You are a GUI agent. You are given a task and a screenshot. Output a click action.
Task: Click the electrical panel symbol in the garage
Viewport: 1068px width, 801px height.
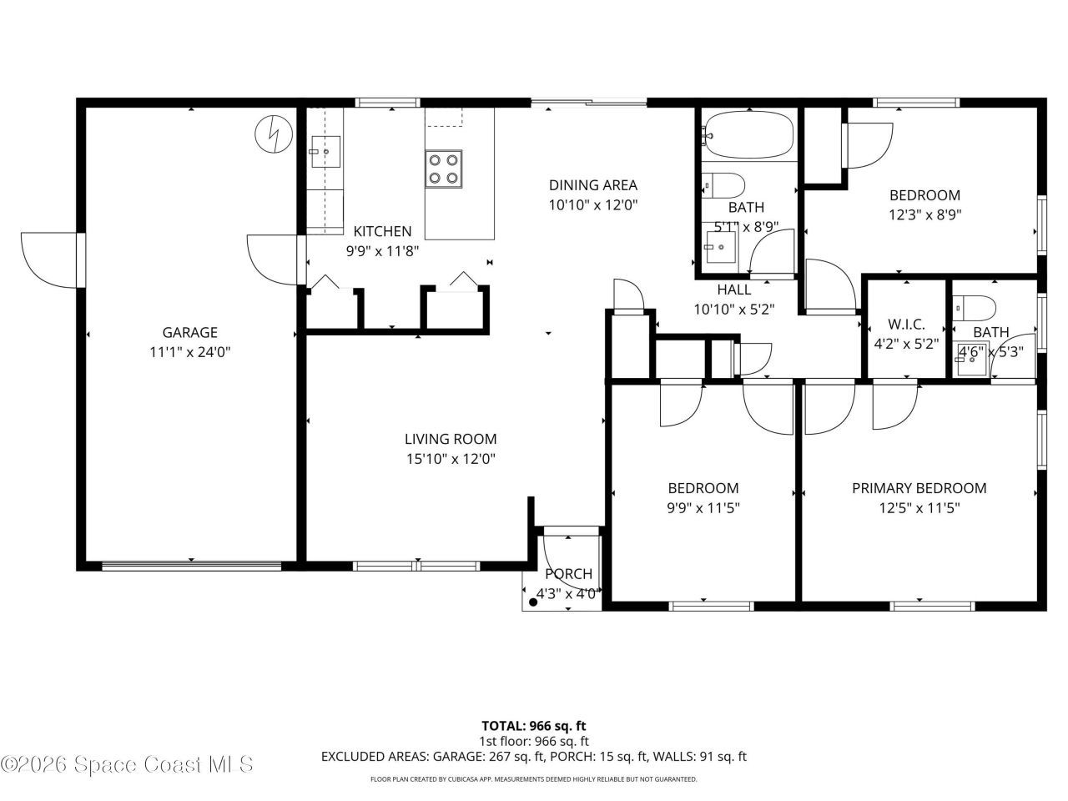(x=274, y=133)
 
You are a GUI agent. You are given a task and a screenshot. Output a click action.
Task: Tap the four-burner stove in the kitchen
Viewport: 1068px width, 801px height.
(x=443, y=169)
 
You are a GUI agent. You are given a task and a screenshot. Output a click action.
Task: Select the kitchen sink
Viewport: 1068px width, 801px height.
(x=325, y=152)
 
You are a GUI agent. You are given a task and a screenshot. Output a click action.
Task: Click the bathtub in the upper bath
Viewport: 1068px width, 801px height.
(x=750, y=134)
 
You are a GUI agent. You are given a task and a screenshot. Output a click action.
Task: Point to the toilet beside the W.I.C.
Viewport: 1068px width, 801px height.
(x=974, y=308)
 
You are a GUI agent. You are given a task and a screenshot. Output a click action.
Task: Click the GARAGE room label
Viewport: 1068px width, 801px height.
(x=189, y=332)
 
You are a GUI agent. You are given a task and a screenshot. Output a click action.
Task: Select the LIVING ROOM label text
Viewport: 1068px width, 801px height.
(x=451, y=439)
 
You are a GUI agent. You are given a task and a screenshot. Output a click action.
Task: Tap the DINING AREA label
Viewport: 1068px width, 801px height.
(x=593, y=184)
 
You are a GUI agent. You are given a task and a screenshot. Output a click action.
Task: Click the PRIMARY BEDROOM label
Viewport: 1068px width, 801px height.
(x=919, y=488)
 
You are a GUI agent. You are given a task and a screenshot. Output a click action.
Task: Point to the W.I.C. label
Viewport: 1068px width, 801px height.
(x=906, y=324)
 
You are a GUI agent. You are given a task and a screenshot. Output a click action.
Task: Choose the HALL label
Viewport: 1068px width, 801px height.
(x=733, y=290)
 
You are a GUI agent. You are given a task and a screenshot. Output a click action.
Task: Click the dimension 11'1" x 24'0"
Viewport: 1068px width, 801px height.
(x=189, y=351)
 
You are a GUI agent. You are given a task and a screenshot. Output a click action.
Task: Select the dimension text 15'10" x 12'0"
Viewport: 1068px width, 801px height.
(x=451, y=459)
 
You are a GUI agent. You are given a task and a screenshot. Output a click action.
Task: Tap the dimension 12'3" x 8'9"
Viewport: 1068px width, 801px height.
(x=925, y=214)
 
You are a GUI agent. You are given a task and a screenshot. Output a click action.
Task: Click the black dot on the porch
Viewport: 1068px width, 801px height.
(x=533, y=602)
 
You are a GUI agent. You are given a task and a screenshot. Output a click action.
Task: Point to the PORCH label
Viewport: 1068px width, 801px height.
(x=568, y=574)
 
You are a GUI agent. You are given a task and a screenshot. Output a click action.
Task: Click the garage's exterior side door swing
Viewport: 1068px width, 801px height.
(x=48, y=260)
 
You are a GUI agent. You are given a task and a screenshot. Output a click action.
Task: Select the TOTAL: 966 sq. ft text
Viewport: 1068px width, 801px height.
(x=534, y=726)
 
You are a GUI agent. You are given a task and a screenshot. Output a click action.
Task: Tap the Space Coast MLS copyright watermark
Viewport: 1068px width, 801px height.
(x=128, y=764)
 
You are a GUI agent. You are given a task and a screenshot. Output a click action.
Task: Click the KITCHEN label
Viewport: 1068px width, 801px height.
(x=382, y=231)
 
